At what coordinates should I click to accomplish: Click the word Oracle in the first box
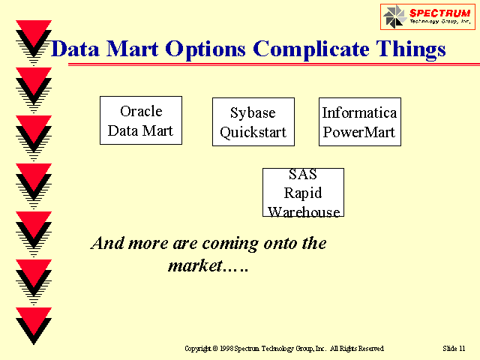click(141, 111)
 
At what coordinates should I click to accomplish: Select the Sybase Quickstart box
click(253, 121)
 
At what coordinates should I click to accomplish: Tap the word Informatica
click(359, 112)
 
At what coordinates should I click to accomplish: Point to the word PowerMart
click(359, 132)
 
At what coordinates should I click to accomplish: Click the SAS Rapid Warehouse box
click(303, 192)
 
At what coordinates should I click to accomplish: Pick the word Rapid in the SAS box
click(303, 193)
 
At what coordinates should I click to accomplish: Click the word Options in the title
click(205, 49)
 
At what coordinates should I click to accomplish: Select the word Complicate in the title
click(311, 49)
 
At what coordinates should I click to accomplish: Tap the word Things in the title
click(411, 49)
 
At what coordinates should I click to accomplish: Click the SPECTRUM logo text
click(440, 13)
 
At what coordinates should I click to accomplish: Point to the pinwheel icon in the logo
click(394, 16)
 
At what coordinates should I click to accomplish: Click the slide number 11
click(462, 348)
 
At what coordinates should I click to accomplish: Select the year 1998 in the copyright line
click(226, 348)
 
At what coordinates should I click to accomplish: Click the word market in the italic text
click(195, 265)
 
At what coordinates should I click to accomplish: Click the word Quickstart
click(253, 133)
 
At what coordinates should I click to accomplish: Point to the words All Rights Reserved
click(357, 348)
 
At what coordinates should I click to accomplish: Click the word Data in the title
click(75, 49)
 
